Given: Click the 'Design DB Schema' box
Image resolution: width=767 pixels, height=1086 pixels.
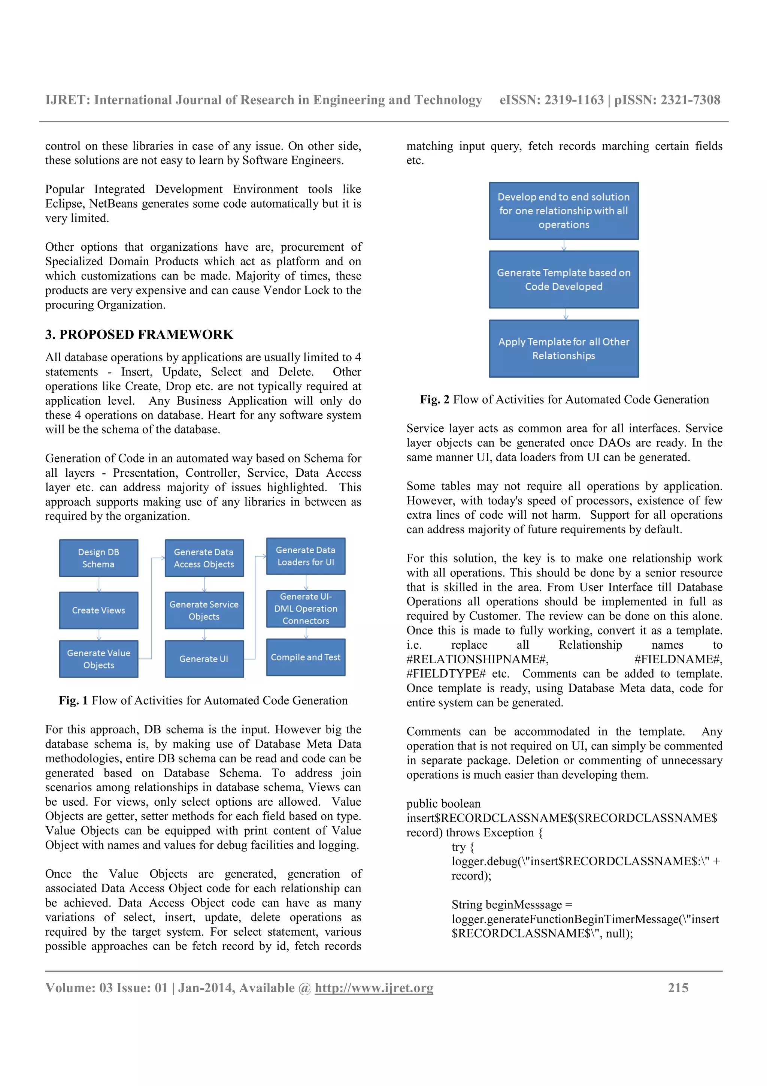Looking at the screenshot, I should [x=98, y=558].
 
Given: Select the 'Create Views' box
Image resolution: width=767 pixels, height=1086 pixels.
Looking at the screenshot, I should [x=98, y=610].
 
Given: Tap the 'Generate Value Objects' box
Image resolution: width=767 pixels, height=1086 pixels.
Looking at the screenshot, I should [x=98, y=659].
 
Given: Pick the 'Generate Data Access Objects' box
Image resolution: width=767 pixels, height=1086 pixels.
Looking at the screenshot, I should [x=204, y=558].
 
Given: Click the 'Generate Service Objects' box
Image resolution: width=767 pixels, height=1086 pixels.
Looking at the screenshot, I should [x=204, y=610].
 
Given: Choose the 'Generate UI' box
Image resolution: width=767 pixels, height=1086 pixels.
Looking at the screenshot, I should [x=204, y=659].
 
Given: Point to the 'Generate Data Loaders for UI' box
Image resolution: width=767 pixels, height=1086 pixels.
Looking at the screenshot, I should [x=306, y=556].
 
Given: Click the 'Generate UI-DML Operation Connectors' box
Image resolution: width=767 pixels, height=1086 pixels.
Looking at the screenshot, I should [x=306, y=609].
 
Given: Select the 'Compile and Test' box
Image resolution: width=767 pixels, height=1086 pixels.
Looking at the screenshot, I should [x=306, y=657].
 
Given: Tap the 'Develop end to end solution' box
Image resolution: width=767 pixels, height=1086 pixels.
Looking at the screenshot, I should [x=564, y=211].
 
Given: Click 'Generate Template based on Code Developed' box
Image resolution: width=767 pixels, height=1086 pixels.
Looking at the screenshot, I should [x=564, y=280].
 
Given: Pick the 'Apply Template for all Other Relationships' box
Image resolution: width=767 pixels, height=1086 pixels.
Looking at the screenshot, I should [x=564, y=349].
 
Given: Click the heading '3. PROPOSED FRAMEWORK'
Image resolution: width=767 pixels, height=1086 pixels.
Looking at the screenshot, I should [x=139, y=335].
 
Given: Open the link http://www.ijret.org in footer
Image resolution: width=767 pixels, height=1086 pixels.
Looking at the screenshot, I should [x=374, y=988].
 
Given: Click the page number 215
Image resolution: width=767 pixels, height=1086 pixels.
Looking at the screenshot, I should [x=678, y=988].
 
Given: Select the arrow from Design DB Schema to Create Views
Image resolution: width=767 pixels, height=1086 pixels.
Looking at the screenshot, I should [x=99, y=585].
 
